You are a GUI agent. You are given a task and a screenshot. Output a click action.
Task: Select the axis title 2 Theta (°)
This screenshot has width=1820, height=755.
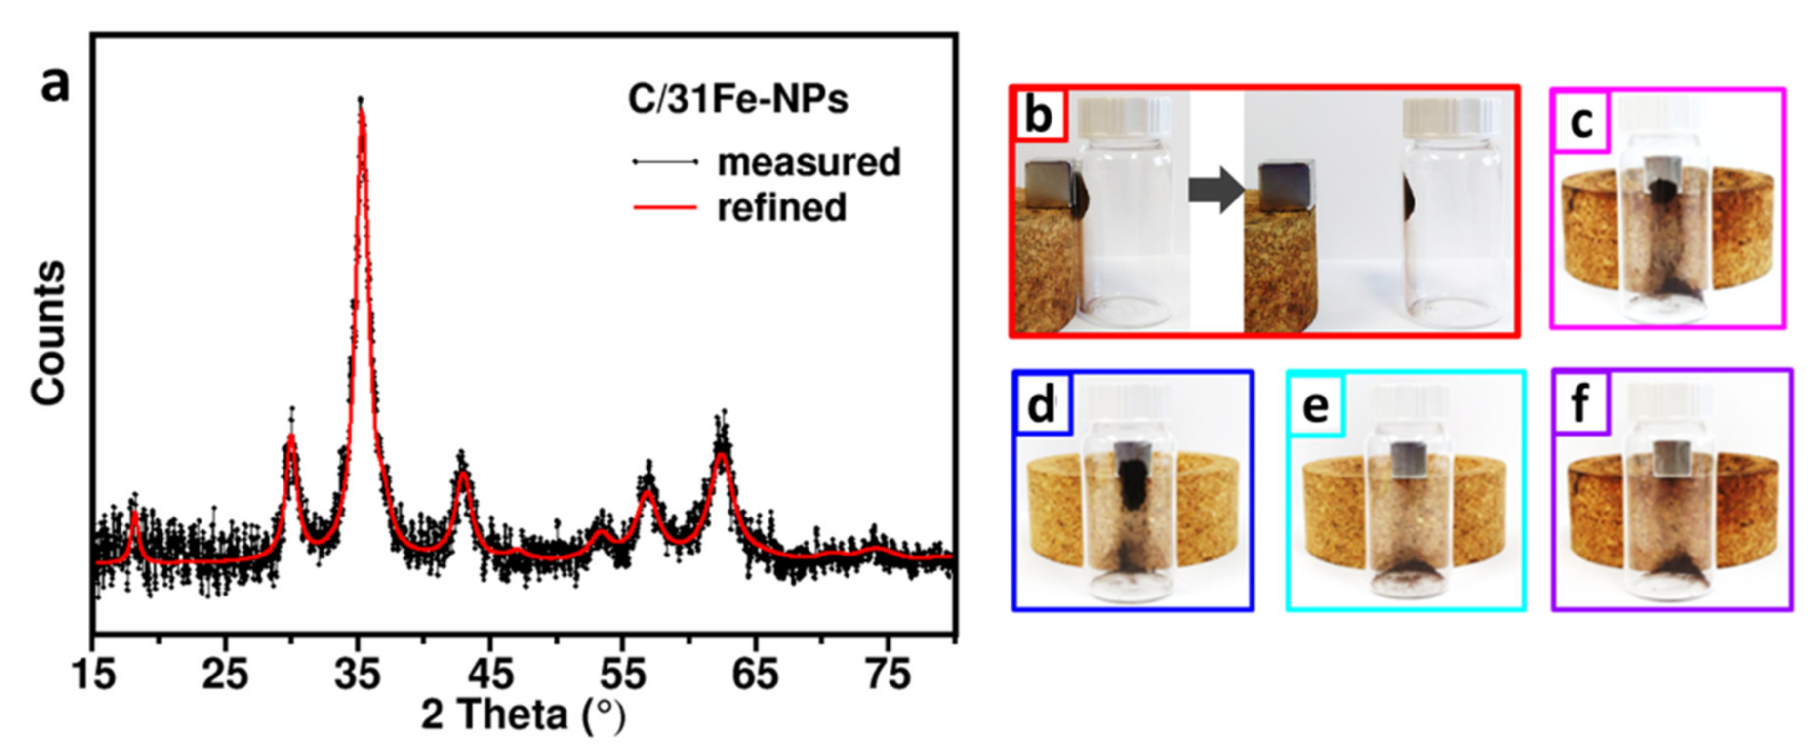coord(524,715)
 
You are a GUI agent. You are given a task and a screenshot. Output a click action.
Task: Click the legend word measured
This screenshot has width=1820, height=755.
coord(809,162)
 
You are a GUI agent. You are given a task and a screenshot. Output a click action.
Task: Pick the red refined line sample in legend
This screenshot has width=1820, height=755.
coord(665,207)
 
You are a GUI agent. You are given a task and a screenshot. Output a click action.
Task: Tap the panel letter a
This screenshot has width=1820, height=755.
coord(55,86)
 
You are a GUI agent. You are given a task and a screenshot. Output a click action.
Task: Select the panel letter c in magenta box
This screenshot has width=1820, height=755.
coord(1581,123)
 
